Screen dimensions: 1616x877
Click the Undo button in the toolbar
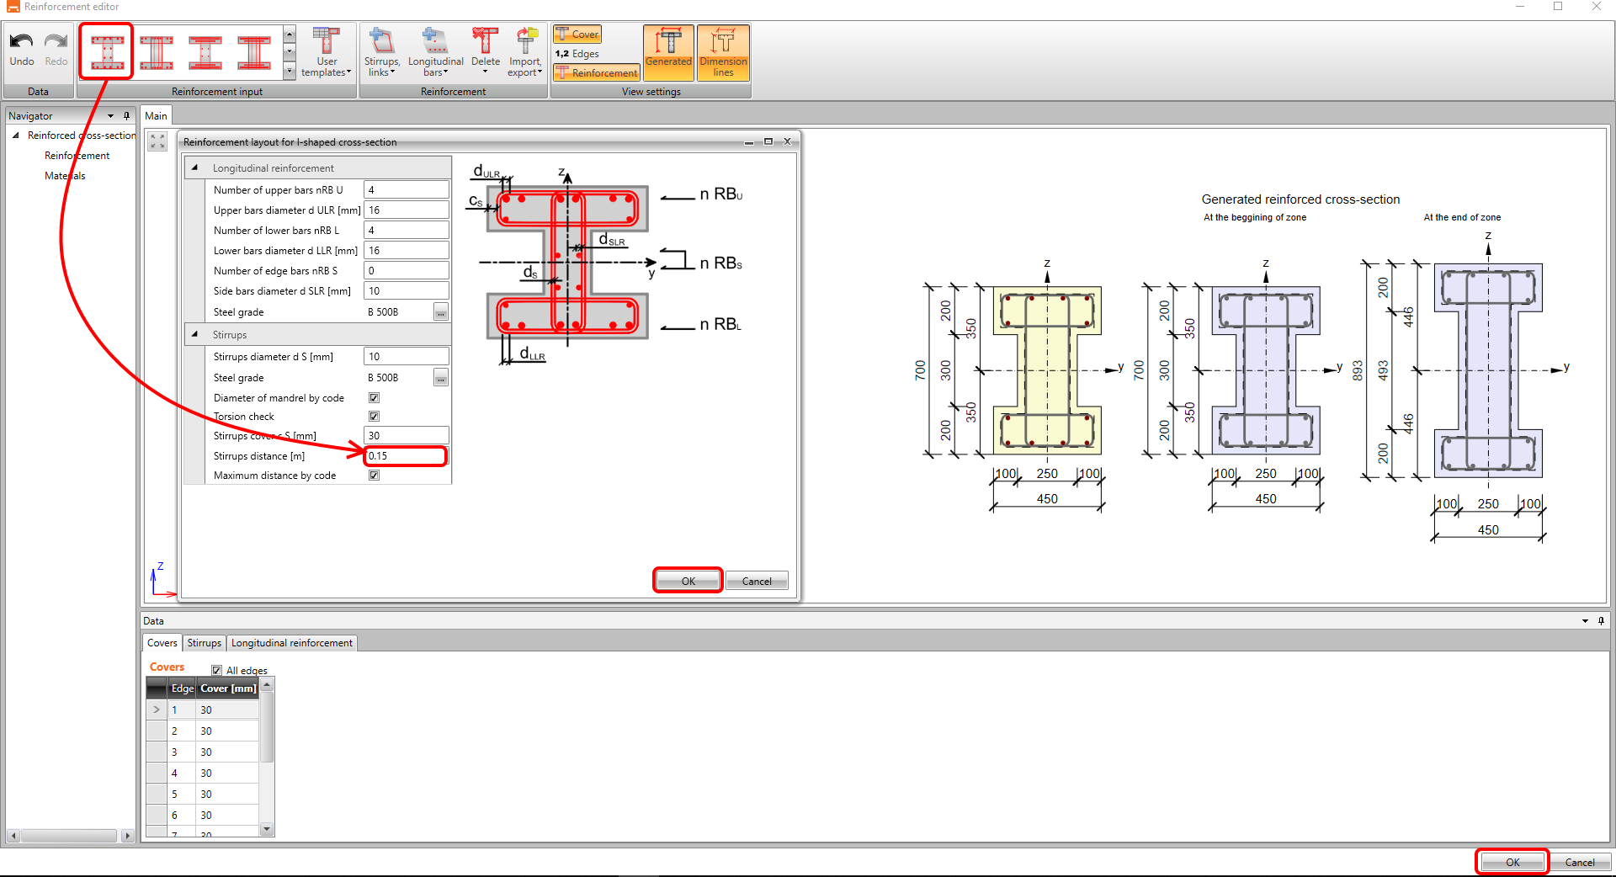pyautogui.click(x=22, y=49)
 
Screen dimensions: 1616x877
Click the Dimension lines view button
pyautogui.click(x=723, y=52)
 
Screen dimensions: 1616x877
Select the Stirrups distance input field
pyautogui.click(x=406, y=456)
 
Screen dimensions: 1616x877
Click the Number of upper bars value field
pyautogui.click(x=406, y=190)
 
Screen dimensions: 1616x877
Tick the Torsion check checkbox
pyautogui.click(x=374, y=416)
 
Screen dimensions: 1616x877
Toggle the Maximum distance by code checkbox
pyautogui.click(x=374, y=475)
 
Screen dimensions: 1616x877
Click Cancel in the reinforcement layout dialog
pyautogui.click(x=757, y=581)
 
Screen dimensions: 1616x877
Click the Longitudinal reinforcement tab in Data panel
pyautogui.click(x=292, y=643)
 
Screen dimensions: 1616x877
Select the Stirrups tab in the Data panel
pyautogui.click(x=204, y=643)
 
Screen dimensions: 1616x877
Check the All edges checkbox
pyautogui.click(x=216, y=671)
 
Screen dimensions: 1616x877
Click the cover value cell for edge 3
pyautogui.click(x=227, y=752)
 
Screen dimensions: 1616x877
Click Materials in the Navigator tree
pyautogui.click(x=65, y=176)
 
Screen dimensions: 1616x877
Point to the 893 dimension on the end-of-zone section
pyautogui.click(x=1358, y=370)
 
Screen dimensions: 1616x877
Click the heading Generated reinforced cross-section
pyautogui.click(x=1300, y=199)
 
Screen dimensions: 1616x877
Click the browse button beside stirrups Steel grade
pyautogui.click(x=441, y=378)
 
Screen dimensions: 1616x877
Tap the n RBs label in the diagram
pyautogui.click(x=721, y=263)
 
